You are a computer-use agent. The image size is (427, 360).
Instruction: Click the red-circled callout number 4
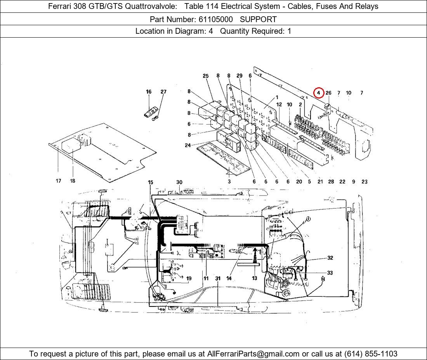(318, 93)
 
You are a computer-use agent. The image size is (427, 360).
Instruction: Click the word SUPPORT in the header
(258, 19)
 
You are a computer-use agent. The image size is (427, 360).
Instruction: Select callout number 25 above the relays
(206, 76)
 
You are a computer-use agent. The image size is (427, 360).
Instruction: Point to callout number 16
(148, 92)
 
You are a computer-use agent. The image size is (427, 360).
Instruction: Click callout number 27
(163, 92)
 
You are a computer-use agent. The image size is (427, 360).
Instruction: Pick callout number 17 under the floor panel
(58, 181)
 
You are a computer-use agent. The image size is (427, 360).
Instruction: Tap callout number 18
(72, 181)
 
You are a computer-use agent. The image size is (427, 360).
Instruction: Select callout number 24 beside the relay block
(187, 145)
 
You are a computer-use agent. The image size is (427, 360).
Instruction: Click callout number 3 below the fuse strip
(229, 182)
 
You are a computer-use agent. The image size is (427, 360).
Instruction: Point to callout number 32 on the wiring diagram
(330, 258)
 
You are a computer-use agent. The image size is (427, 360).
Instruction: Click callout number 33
(330, 273)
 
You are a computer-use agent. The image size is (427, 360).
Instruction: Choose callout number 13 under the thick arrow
(254, 278)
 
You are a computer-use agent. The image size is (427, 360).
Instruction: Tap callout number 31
(218, 279)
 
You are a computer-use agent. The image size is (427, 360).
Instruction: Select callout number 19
(189, 279)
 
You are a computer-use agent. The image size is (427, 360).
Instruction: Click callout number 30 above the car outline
(179, 182)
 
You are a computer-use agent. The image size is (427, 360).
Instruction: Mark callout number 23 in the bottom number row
(365, 182)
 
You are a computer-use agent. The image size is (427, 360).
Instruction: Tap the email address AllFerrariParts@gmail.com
(253, 354)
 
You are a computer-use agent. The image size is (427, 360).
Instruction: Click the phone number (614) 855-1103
(371, 354)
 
